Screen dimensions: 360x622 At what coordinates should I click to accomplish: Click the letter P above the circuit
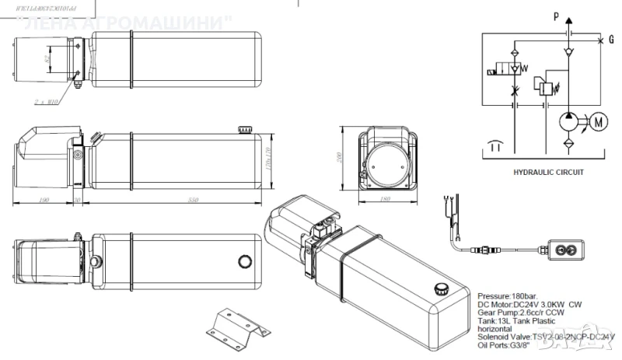click(556, 16)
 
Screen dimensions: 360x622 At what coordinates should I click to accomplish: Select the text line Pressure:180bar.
click(507, 297)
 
